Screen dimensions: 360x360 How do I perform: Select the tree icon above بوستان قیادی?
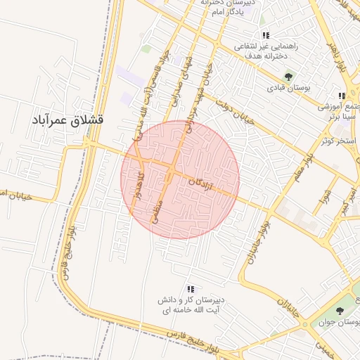click(288, 77)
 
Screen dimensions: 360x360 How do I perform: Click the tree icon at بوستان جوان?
click(340, 310)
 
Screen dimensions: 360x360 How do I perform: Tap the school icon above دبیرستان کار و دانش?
click(190, 289)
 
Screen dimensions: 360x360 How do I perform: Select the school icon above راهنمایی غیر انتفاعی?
click(266, 35)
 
